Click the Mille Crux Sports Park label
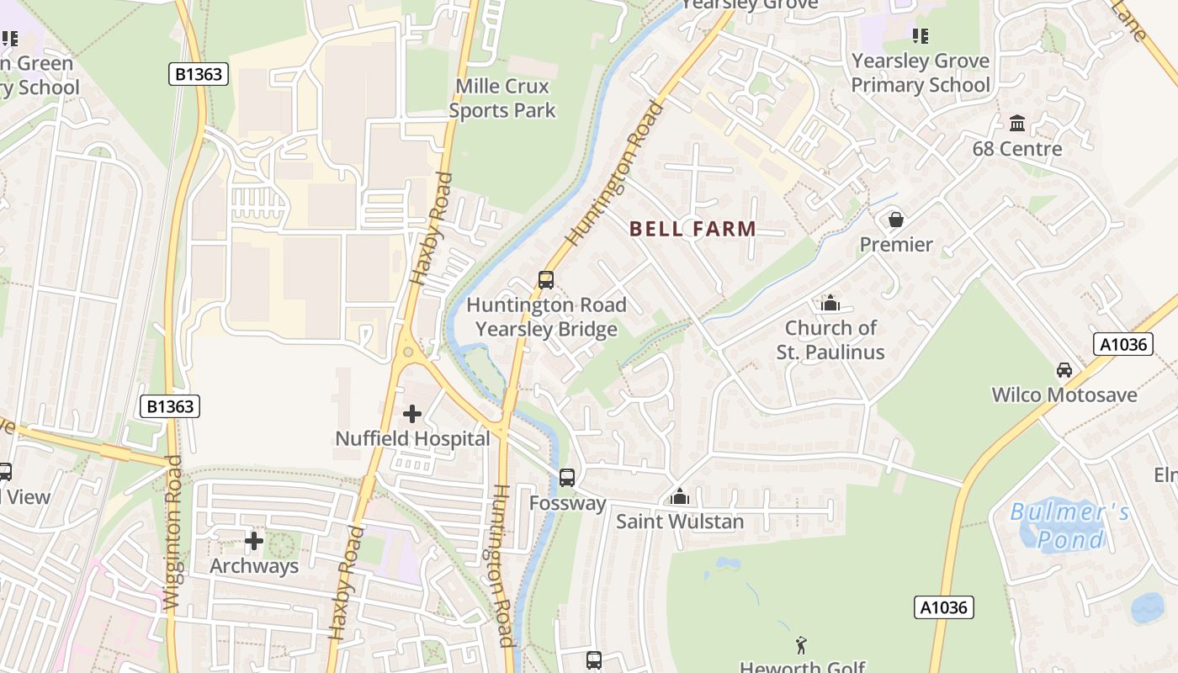502,98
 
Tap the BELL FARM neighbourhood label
692,229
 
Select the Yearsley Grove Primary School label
921,73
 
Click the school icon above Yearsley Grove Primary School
921,36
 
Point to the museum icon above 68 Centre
1017,124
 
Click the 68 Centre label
1017,149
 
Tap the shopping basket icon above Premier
896,220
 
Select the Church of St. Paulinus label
830,340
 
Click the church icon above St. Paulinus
830,303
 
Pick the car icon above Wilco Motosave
1064,370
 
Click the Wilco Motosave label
1064,395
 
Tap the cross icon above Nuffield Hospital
412,414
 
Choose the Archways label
254,566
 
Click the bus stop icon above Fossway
567,478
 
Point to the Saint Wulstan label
680,522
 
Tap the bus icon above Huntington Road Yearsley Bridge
546,279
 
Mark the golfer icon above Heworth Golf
801,645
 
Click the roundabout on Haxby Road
409,352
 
